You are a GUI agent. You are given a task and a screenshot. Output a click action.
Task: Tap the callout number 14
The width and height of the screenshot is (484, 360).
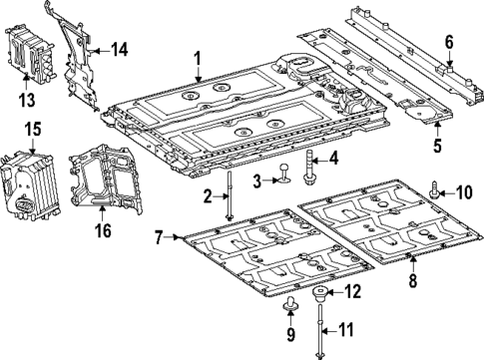pos(119,49)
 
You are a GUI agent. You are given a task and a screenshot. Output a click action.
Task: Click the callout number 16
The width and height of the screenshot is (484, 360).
pos(104,231)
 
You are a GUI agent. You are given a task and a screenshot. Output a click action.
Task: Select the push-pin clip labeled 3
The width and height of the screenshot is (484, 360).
pos(284,176)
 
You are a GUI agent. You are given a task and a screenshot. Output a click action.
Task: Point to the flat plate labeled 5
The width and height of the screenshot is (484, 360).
pos(419,104)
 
